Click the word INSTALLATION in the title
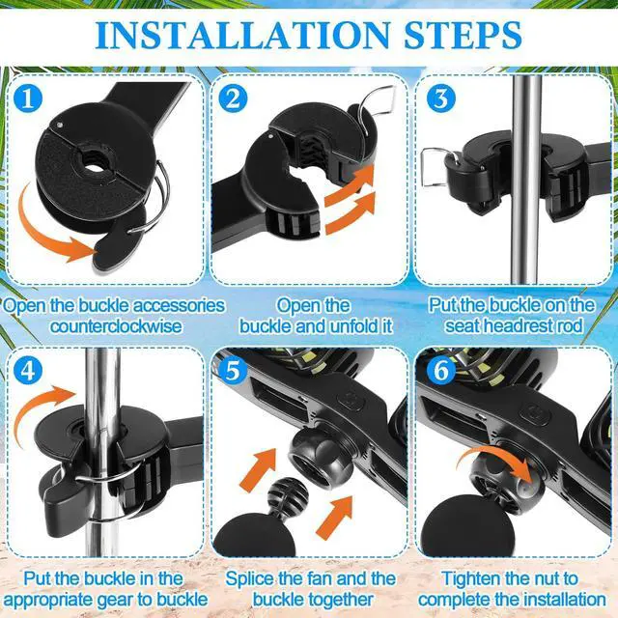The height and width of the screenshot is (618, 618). point(242,36)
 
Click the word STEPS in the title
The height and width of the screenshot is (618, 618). point(463,36)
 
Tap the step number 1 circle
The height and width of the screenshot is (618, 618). point(28,98)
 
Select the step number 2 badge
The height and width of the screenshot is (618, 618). point(234,98)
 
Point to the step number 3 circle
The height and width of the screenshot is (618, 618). point(441,98)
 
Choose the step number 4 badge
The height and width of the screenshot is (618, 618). point(28,370)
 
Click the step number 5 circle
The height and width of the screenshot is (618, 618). point(234,370)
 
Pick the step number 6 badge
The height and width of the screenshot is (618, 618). point(441,370)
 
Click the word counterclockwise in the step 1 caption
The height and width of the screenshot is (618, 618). point(116,326)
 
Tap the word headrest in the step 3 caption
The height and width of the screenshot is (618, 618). point(521,326)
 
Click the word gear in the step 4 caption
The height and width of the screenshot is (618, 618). point(115,600)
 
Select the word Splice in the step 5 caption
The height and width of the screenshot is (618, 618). point(250,578)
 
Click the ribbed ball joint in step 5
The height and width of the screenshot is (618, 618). point(288,497)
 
